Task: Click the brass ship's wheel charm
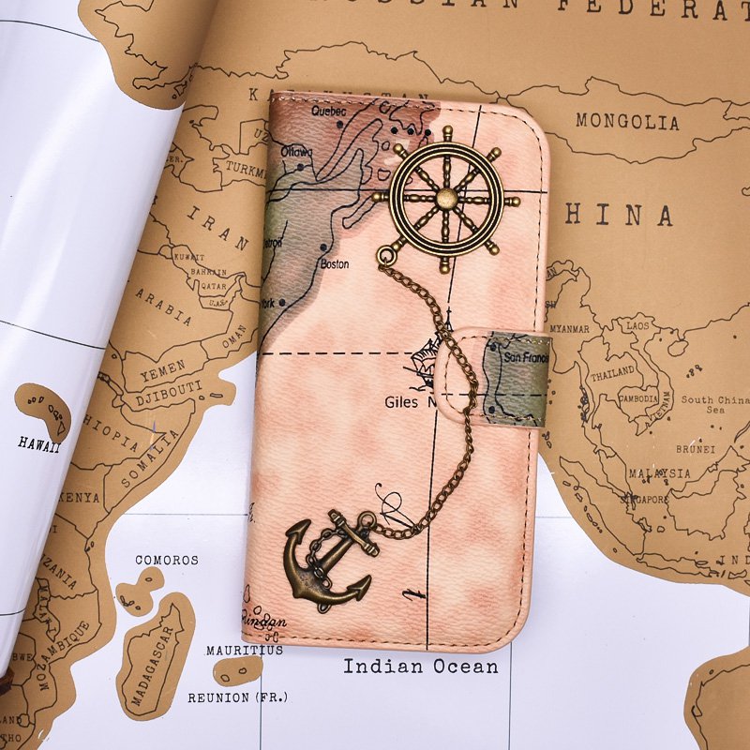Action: click(x=446, y=199)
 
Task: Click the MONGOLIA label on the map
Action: click(x=627, y=122)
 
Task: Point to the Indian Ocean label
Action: click(x=420, y=667)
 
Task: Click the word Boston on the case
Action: click(x=335, y=264)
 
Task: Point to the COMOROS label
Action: click(x=167, y=560)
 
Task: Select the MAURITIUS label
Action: click(x=245, y=650)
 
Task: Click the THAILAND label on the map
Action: click(x=612, y=373)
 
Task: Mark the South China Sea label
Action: click(x=715, y=404)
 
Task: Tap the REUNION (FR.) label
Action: click(x=238, y=697)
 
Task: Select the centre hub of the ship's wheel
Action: click(x=446, y=198)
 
